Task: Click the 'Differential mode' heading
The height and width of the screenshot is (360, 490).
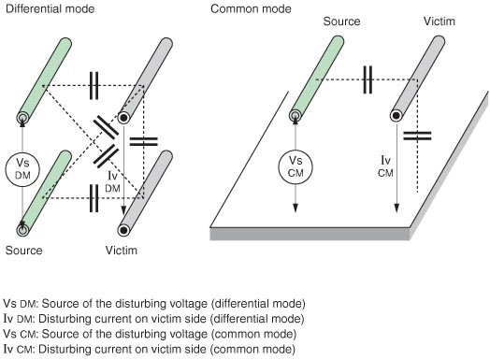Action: pyautogui.click(x=50, y=8)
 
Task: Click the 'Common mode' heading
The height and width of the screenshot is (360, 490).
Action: pyautogui.click(x=251, y=8)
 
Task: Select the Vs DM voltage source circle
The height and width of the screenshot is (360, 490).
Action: pyautogui.click(x=22, y=169)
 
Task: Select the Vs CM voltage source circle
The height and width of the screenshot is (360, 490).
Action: pyautogui.click(x=295, y=166)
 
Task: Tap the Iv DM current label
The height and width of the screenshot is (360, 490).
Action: pyautogui.click(x=112, y=181)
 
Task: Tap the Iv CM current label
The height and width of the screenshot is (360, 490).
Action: pyautogui.click(x=385, y=166)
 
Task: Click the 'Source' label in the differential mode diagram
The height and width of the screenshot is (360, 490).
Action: pyautogui.click(x=23, y=251)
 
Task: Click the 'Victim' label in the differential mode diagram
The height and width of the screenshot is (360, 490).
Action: pyautogui.click(x=122, y=251)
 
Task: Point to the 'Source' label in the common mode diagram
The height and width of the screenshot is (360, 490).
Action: pyautogui.click(x=341, y=22)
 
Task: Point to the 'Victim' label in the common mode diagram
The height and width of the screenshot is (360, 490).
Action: pyautogui.click(x=440, y=22)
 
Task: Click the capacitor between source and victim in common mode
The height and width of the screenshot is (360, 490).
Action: pyautogui.click(x=367, y=79)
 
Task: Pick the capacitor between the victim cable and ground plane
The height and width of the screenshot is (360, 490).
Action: pyautogui.click(x=417, y=136)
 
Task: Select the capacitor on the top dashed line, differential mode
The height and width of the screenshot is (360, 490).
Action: pyautogui.click(x=94, y=86)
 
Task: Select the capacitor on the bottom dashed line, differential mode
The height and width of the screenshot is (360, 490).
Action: pyautogui.click(x=94, y=198)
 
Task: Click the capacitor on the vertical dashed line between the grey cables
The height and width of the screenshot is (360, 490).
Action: pyautogui.click(x=143, y=141)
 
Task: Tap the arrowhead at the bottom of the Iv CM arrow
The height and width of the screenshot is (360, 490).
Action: pyautogui.click(x=396, y=209)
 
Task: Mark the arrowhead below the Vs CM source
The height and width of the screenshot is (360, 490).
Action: pyautogui.click(x=295, y=209)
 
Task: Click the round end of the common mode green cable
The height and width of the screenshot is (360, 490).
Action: pyautogui.click(x=295, y=116)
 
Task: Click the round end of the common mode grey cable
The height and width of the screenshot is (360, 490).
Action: pyautogui.click(x=396, y=116)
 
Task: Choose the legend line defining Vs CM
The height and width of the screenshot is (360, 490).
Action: pyautogui.click(x=150, y=334)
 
